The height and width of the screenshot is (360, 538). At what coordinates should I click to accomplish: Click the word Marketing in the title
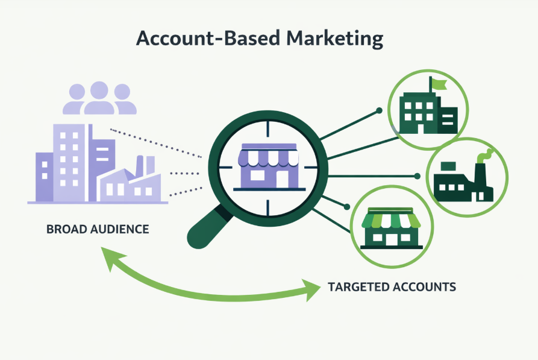click(335, 39)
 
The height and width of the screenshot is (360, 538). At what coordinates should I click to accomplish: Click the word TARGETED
click(357, 287)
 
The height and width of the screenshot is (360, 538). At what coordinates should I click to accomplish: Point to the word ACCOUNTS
click(424, 287)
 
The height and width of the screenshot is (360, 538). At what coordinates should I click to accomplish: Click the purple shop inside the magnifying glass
click(269, 167)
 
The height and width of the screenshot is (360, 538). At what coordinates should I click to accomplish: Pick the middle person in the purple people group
click(99, 98)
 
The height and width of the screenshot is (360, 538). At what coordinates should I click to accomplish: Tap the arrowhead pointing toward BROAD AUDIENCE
click(111, 257)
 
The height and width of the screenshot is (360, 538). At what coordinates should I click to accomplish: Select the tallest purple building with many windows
click(69, 162)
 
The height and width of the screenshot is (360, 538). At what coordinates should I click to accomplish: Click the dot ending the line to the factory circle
click(418, 176)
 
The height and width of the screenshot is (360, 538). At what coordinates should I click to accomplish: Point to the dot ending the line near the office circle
click(379, 110)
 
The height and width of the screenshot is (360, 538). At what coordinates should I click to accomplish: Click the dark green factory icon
click(463, 182)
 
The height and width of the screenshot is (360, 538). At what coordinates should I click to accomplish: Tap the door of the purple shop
click(282, 179)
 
